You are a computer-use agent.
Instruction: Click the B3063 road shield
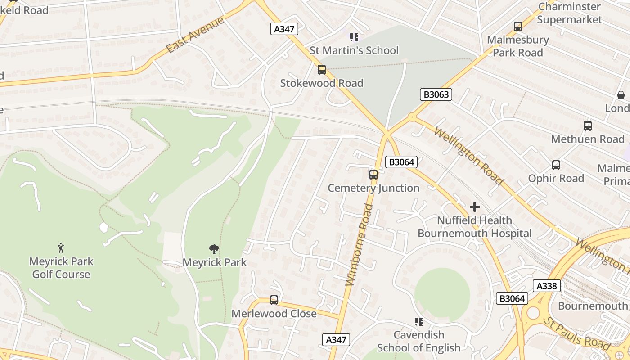point(436,94)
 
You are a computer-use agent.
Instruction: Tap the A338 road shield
point(547,286)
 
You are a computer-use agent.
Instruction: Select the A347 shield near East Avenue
point(284,29)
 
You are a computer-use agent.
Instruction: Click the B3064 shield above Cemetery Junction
point(401,162)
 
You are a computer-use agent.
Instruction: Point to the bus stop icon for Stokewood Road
point(321,70)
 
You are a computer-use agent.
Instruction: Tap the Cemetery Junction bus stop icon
point(373,175)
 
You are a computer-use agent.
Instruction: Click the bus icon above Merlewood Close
point(274,300)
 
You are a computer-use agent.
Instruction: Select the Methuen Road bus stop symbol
point(587,126)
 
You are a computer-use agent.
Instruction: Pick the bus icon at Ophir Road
point(556,165)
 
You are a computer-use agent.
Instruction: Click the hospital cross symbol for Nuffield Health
point(474,207)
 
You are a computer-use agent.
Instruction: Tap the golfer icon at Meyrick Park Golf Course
point(61,248)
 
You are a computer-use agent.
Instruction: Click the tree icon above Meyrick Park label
point(214,249)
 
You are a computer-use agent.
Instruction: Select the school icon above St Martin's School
point(354,37)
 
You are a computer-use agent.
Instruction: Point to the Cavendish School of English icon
point(418,322)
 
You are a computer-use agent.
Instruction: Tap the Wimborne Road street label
point(360,245)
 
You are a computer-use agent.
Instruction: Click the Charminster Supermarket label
point(569,13)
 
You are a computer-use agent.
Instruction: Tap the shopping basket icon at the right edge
point(621,95)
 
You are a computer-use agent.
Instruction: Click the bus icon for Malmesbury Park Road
point(517,27)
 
